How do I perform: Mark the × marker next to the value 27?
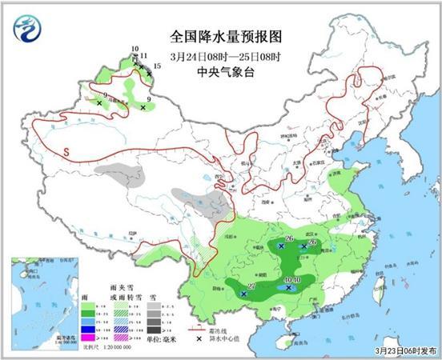243,294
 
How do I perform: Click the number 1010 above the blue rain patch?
291,279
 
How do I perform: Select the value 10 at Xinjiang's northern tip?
135,49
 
